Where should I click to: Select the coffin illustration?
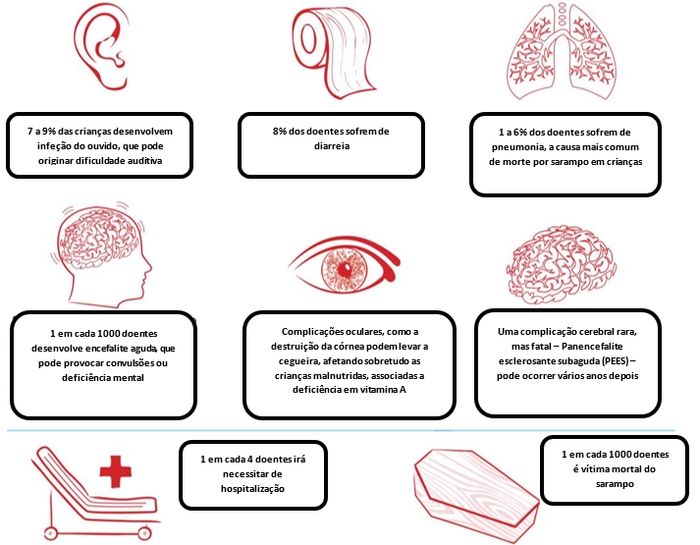click(474, 492)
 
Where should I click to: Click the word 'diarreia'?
click(332, 148)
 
